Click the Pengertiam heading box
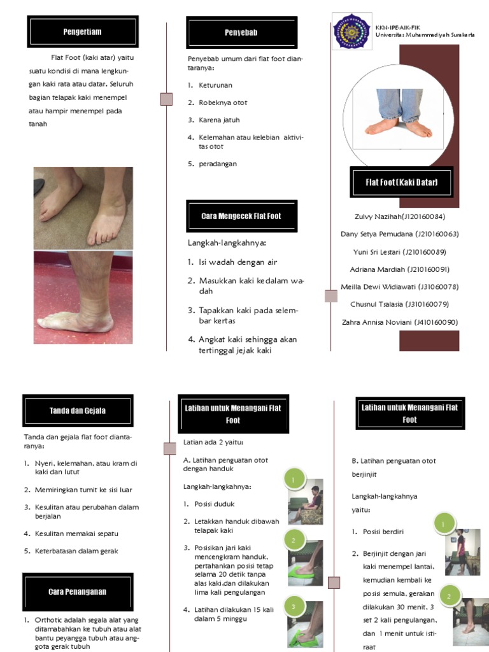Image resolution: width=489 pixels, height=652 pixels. tap(83, 32)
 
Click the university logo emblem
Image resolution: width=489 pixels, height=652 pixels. tap(353, 32)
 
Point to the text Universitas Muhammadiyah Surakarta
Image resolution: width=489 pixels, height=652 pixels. tap(425, 36)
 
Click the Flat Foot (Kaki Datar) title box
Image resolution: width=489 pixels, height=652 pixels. tap(401, 183)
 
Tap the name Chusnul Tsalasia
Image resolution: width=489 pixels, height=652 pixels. tap(399, 304)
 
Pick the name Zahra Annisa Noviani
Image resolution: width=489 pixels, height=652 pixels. tap(399, 322)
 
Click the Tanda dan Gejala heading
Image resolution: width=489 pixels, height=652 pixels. tap(78, 411)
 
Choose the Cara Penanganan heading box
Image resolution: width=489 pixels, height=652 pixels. tap(78, 592)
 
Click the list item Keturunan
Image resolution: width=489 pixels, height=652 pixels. tap(215, 85)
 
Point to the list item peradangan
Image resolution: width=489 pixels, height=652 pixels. tap(217, 164)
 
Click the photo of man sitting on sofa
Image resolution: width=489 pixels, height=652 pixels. tap(306, 502)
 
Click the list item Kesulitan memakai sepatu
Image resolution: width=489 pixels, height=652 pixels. tap(76, 534)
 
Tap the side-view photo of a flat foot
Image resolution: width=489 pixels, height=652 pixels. tap(83, 297)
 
